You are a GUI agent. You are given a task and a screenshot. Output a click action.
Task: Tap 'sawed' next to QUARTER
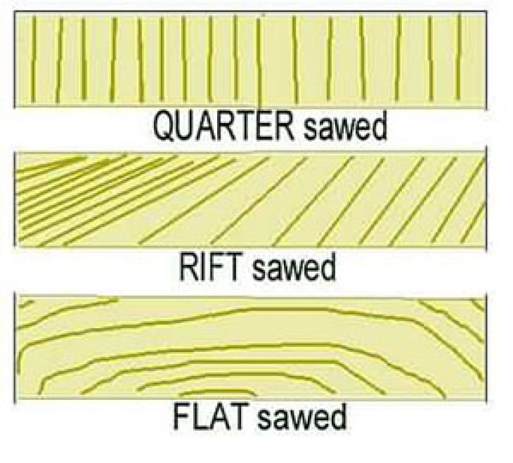344,129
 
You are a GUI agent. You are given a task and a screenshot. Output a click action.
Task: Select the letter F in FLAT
180,417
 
